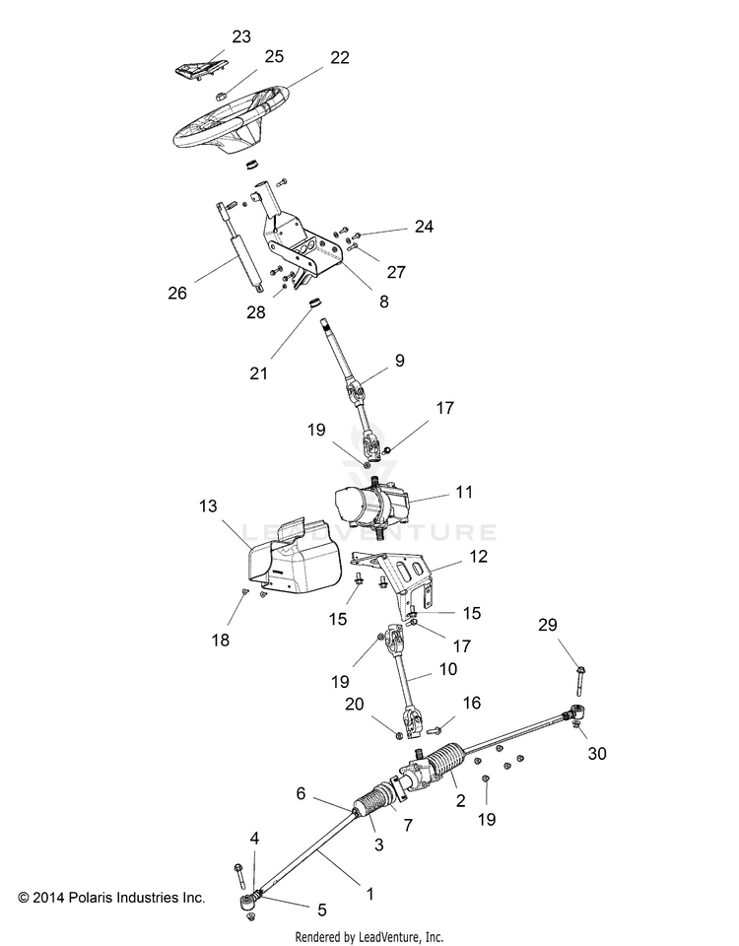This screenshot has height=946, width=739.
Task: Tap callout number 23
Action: tap(241, 36)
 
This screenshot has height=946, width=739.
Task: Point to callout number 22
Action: tap(340, 57)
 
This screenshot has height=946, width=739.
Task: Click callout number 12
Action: tap(478, 556)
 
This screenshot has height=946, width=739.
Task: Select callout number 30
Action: tap(597, 753)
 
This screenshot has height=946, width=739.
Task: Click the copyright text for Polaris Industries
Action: tap(111, 897)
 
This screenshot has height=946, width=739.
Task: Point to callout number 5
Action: tap(321, 910)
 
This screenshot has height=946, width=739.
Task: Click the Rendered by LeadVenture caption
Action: tap(369, 937)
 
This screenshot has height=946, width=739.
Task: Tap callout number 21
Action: tap(258, 373)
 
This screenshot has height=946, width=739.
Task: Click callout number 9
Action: tap(399, 361)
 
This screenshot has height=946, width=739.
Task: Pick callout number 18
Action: tap(220, 640)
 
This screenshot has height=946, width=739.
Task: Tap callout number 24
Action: tap(424, 227)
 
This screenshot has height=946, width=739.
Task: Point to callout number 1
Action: tap(369, 894)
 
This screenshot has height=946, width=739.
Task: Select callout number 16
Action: tap(472, 703)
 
